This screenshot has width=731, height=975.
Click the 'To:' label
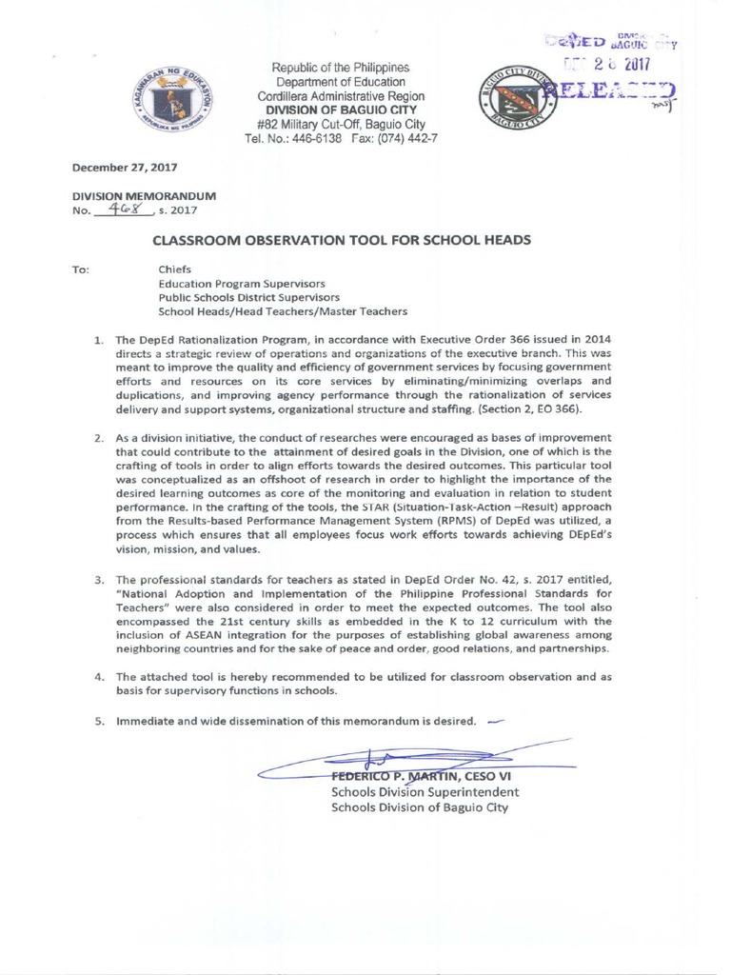tap(81, 269)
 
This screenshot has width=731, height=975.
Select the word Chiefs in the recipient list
tap(175, 269)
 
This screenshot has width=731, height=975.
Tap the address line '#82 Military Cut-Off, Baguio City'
tap(341, 125)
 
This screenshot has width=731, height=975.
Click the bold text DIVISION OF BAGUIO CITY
tap(341, 110)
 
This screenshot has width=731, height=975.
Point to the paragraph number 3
tap(98, 580)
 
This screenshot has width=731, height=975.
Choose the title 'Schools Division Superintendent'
tap(425, 792)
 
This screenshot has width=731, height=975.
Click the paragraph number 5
tap(98, 721)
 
